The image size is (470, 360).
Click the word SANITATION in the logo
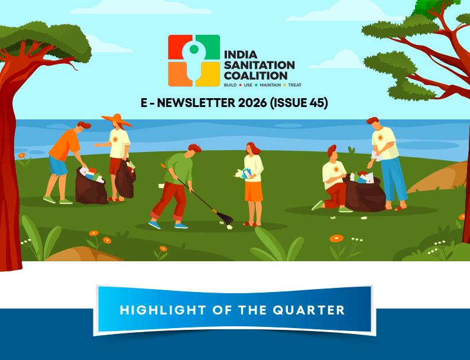tap(260, 65)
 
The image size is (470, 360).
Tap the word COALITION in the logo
tap(255, 75)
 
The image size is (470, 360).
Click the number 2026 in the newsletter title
tap(252, 103)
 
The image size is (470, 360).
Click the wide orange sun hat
tap(116, 119)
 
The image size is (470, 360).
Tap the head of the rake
tap(223, 218)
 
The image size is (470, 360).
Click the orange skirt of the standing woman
tap(254, 192)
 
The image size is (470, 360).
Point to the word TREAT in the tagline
tap(294, 85)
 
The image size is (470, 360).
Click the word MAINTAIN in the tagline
tap(270, 85)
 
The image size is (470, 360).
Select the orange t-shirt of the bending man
tap(64, 145)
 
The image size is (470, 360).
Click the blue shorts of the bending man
tap(58, 165)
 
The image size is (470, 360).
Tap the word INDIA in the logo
tap(241, 55)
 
